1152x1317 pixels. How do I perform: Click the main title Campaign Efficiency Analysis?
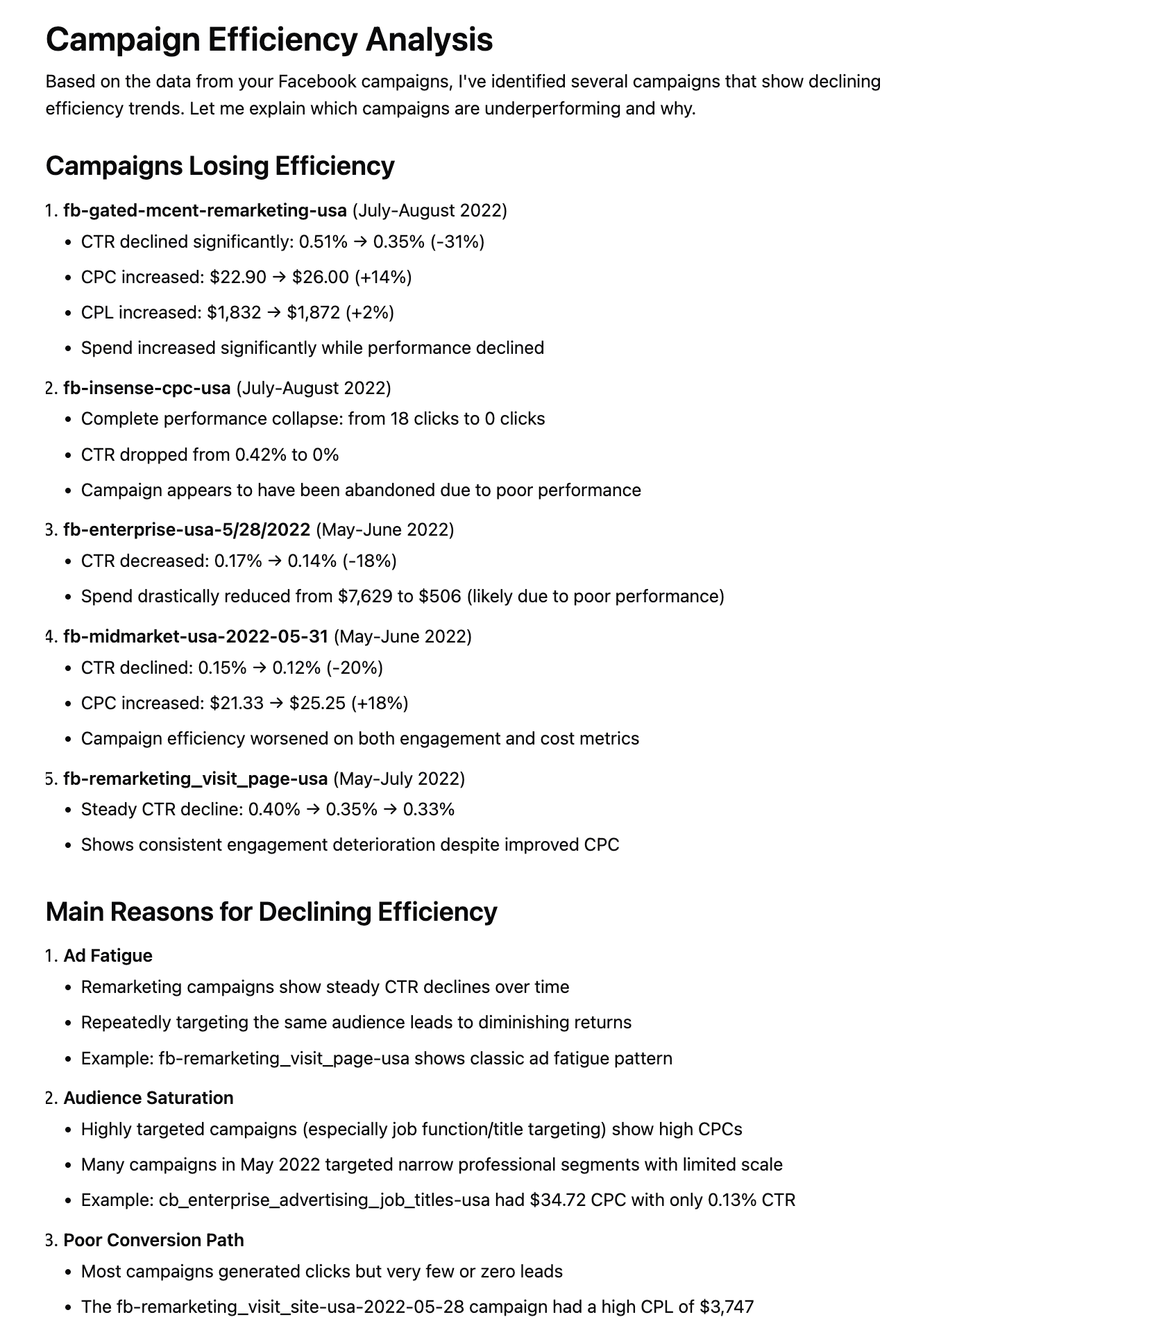point(269,40)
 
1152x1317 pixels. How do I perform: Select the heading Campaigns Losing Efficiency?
point(220,167)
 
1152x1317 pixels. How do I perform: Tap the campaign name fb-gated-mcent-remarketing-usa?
point(205,210)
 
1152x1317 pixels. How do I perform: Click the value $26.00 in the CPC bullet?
point(320,278)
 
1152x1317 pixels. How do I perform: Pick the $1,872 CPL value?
point(314,313)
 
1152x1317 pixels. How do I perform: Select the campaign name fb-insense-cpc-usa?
point(147,388)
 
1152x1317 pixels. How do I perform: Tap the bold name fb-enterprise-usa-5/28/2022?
point(187,530)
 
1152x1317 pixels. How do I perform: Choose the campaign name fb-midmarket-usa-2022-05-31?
point(196,637)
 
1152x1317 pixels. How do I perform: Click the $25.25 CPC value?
point(317,704)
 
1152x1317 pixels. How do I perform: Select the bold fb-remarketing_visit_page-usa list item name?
point(196,779)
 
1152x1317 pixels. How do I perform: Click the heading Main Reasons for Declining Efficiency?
point(271,912)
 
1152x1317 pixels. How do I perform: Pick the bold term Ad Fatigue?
point(108,956)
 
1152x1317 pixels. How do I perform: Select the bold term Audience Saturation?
point(149,1098)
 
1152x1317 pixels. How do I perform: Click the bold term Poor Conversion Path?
point(154,1241)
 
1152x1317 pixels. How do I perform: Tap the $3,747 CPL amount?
point(727,1307)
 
